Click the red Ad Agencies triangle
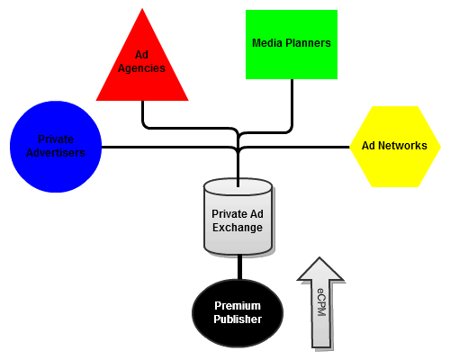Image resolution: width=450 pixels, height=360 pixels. (x=142, y=69)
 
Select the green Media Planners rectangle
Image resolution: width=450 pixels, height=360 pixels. (x=292, y=45)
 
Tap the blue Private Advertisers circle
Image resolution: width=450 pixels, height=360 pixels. (x=56, y=147)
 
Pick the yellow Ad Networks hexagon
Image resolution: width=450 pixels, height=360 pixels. (x=395, y=147)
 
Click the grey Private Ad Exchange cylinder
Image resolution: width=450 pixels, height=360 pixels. (x=238, y=217)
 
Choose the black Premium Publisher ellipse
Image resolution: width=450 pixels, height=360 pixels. (x=238, y=313)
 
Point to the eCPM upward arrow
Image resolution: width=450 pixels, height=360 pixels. (x=320, y=303)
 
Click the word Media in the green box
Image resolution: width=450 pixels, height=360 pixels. (x=267, y=43)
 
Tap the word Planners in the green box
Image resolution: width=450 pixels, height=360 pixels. (x=308, y=43)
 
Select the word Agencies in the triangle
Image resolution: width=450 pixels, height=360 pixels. (x=141, y=68)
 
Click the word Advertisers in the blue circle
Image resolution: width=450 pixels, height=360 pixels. (x=56, y=153)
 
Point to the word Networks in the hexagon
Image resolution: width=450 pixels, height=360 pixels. (x=403, y=146)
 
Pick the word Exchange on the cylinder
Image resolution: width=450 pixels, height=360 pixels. (x=238, y=228)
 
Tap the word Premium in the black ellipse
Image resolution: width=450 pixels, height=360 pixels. (x=238, y=306)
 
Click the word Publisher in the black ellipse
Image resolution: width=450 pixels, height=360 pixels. (x=238, y=319)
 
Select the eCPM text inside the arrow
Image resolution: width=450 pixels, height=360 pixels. (x=321, y=301)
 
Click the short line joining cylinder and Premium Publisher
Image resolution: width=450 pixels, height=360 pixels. (x=239, y=267)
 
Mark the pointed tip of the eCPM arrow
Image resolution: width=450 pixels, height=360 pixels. (x=319, y=257)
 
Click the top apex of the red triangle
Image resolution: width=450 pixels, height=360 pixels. (x=142, y=9)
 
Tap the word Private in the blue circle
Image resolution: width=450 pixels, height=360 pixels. (x=56, y=139)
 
